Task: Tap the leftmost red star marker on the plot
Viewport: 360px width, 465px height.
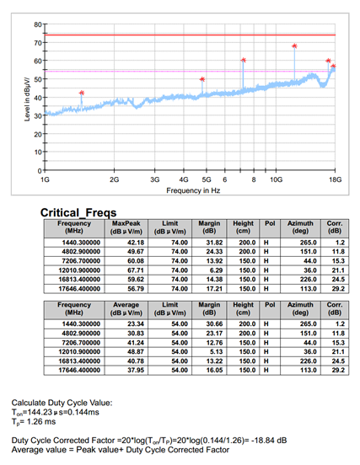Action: point(82,93)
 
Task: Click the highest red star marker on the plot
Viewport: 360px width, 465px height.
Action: point(294,46)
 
